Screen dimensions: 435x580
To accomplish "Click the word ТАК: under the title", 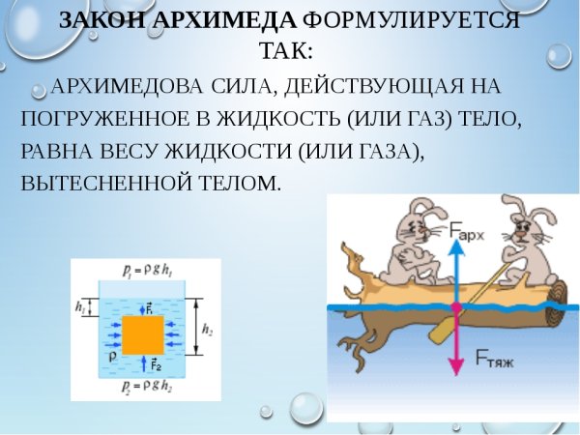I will pyautogui.click(x=290, y=50).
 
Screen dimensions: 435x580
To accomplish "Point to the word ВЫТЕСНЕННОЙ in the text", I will pyautogui.click(x=107, y=182).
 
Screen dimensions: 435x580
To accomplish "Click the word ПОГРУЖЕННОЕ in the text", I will pyautogui.click(x=107, y=120).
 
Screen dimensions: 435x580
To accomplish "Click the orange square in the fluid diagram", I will pyautogui.click(x=142, y=334).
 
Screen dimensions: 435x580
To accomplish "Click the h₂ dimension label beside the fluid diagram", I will pyautogui.click(x=207, y=331).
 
